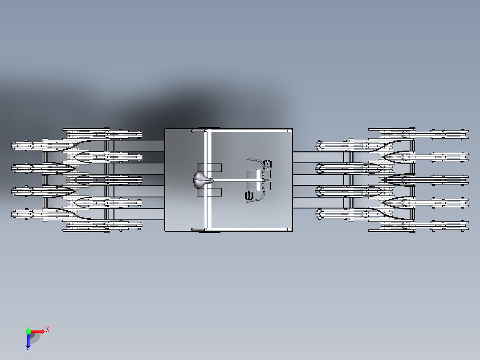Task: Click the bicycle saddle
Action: (202, 180)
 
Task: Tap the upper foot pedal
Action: (267, 163)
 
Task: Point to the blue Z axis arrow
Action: (28, 341)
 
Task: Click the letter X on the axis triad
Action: (48, 329)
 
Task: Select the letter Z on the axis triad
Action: (28, 350)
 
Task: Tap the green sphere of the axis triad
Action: (28, 331)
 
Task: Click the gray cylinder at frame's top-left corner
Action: (198, 131)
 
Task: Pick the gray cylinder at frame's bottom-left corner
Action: (198, 229)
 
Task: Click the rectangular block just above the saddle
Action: (209, 168)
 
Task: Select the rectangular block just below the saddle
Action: (209, 192)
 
